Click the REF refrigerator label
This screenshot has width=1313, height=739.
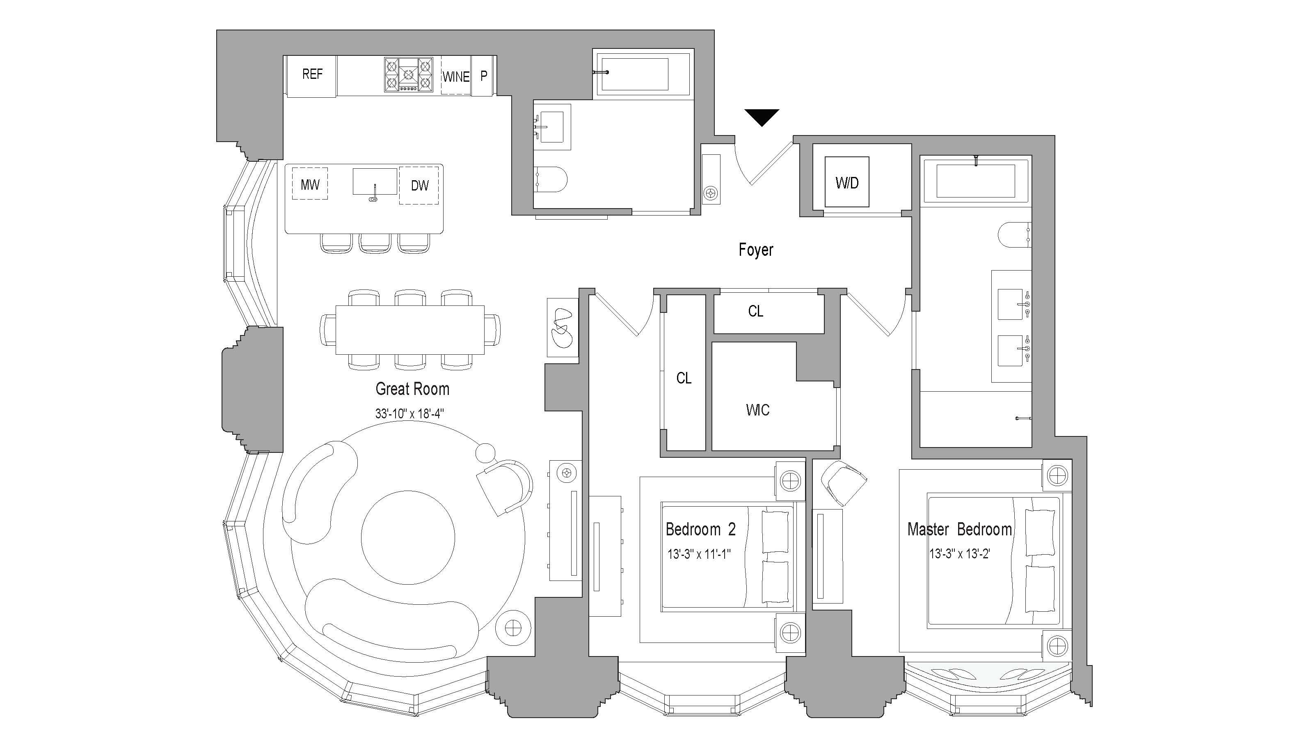pyautogui.click(x=312, y=74)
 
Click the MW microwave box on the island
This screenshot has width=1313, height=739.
pyautogui.click(x=310, y=184)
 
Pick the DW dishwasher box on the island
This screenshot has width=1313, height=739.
pyautogui.click(x=419, y=185)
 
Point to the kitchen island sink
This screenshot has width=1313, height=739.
pyautogui.click(x=375, y=182)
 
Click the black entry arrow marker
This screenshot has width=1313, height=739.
pyautogui.click(x=762, y=116)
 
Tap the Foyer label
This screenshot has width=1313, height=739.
pyautogui.click(x=755, y=250)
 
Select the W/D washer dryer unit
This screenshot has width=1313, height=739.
pyautogui.click(x=846, y=182)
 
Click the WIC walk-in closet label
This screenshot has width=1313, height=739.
pyautogui.click(x=757, y=410)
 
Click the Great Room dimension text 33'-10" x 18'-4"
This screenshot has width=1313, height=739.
pyautogui.click(x=409, y=413)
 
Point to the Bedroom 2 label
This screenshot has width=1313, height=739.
pyautogui.click(x=700, y=529)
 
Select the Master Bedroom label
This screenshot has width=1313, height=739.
pyautogui.click(x=959, y=529)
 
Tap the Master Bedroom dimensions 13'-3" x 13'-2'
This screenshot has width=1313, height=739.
pyautogui.click(x=959, y=554)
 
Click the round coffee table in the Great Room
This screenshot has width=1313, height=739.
pyautogui.click(x=408, y=537)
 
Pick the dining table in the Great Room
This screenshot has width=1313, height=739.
pyautogui.click(x=410, y=329)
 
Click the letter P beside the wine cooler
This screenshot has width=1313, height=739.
pyautogui.click(x=483, y=76)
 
